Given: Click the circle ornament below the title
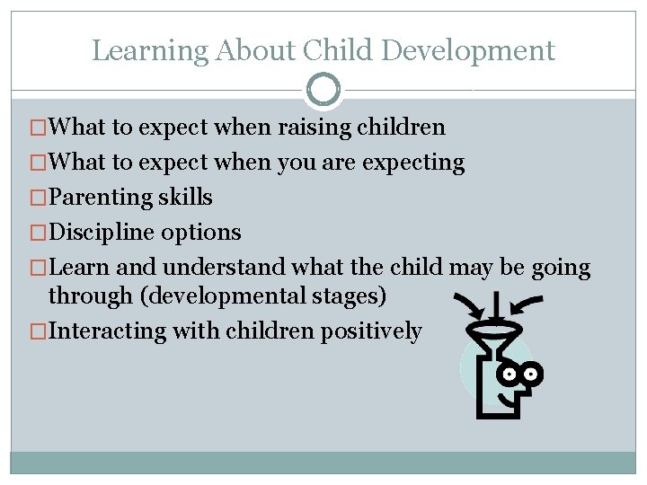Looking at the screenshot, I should pos(323,90).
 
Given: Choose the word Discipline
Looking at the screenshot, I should pos(103,233).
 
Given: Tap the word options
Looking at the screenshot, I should pos(201,233).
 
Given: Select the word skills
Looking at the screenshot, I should pos(185,198).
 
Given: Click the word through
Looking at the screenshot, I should pos(86,295).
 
